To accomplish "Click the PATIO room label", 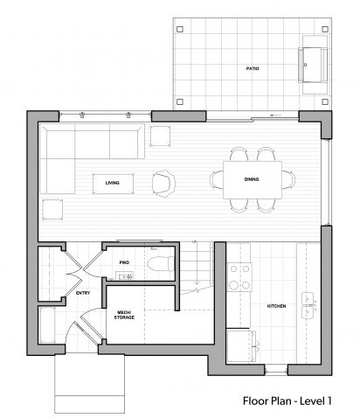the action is pos(253,68).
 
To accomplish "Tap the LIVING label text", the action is pos(112,183).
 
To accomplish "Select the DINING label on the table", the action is pos(252,179).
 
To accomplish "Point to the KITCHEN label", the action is pos(276,306).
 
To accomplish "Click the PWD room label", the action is pos(124,262).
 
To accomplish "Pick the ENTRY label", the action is pos(83,293).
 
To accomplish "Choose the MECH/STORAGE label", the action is pos(124,315).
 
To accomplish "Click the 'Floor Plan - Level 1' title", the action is pos(287,401).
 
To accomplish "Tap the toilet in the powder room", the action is pos(161,264).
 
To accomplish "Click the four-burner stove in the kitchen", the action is pos(239,277).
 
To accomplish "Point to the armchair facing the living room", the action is pos(163,184).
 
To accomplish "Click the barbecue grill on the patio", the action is pos(313,65).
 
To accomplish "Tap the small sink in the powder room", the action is pos(125,275).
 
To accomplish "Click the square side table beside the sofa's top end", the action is pos(160,136).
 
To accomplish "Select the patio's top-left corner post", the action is pos(180,29).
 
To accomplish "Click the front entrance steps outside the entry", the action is pos(89,383).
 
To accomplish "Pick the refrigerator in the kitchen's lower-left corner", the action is pos(241,346).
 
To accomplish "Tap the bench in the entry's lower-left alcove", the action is pos(47,325).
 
